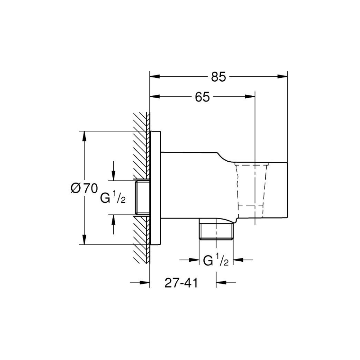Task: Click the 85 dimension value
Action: point(219,77)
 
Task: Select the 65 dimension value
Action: point(202,97)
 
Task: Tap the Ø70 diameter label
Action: point(84,188)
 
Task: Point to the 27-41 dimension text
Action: point(181,283)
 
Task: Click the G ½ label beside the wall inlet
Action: point(113,198)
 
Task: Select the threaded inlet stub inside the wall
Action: point(142,198)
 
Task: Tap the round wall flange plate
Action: point(155,188)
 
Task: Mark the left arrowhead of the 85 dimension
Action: point(154,76)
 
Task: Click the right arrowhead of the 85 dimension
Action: point(283,76)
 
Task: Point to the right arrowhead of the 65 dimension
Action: point(250,96)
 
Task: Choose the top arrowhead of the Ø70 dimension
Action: point(84,136)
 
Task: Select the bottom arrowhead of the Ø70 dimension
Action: point(84,240)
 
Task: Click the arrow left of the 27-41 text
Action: point(140,283)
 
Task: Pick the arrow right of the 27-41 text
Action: point(226,283)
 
